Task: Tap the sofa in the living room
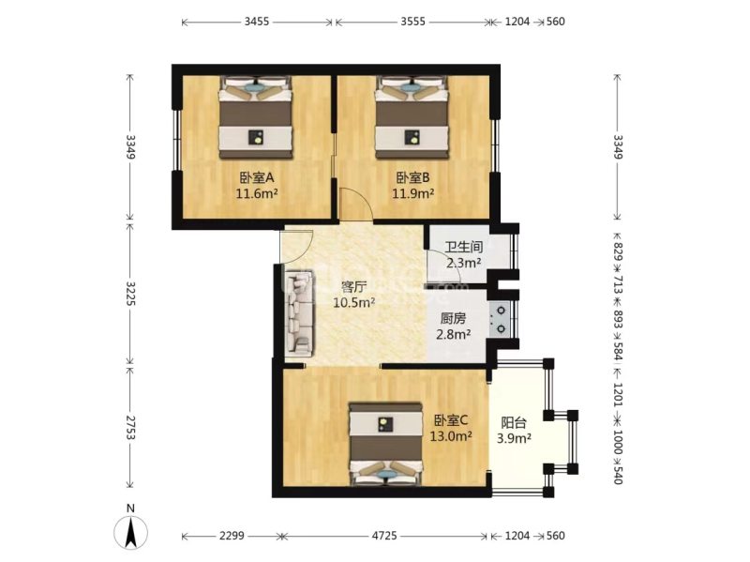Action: tap(299, 311)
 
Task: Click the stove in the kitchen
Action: tap(502, 317)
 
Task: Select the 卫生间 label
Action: tap(463, 248)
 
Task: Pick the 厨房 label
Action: tap(452, 317)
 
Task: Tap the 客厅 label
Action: tap(353, 286)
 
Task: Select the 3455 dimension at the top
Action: tap(256, 21)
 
